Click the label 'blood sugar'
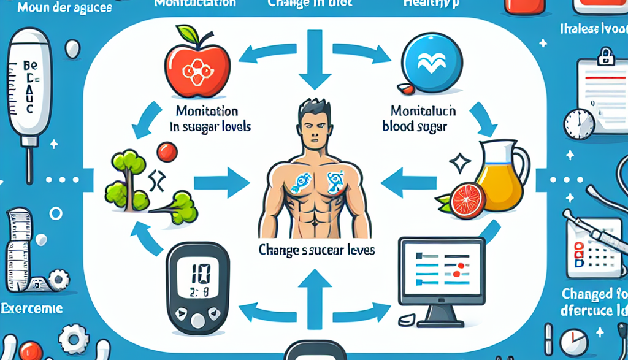415,127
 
